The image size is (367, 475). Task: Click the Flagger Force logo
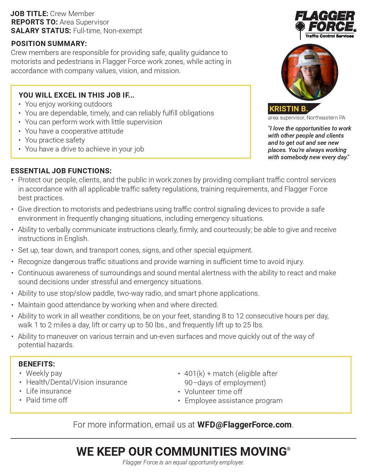click(x=325, y=24)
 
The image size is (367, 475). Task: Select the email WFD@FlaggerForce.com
click(x=244, y=425)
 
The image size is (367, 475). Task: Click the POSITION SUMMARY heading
click(x=49, y=44)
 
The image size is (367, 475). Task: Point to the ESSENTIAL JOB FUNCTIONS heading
click(x=61, y=171)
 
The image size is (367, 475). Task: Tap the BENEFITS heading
click(x=37, y=364)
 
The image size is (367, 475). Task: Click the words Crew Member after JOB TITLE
click(x=72, y=14)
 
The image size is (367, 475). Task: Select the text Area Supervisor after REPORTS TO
click(x=84, y=22)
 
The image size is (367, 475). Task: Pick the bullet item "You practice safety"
click(x=55, y=140)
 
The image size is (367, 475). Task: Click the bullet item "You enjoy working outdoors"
click(x=69, y=104)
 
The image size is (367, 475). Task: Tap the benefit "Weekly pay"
click(x=44, y=373)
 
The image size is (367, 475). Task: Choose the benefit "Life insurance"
click(x=49, y=391)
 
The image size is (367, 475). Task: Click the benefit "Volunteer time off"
click(x=213, y=392)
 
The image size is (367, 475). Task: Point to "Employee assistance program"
click(x=233, y=401)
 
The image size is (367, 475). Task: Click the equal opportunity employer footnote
click(x=183, y=463)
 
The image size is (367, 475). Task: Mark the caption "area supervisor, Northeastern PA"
click(x=306, y=118)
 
